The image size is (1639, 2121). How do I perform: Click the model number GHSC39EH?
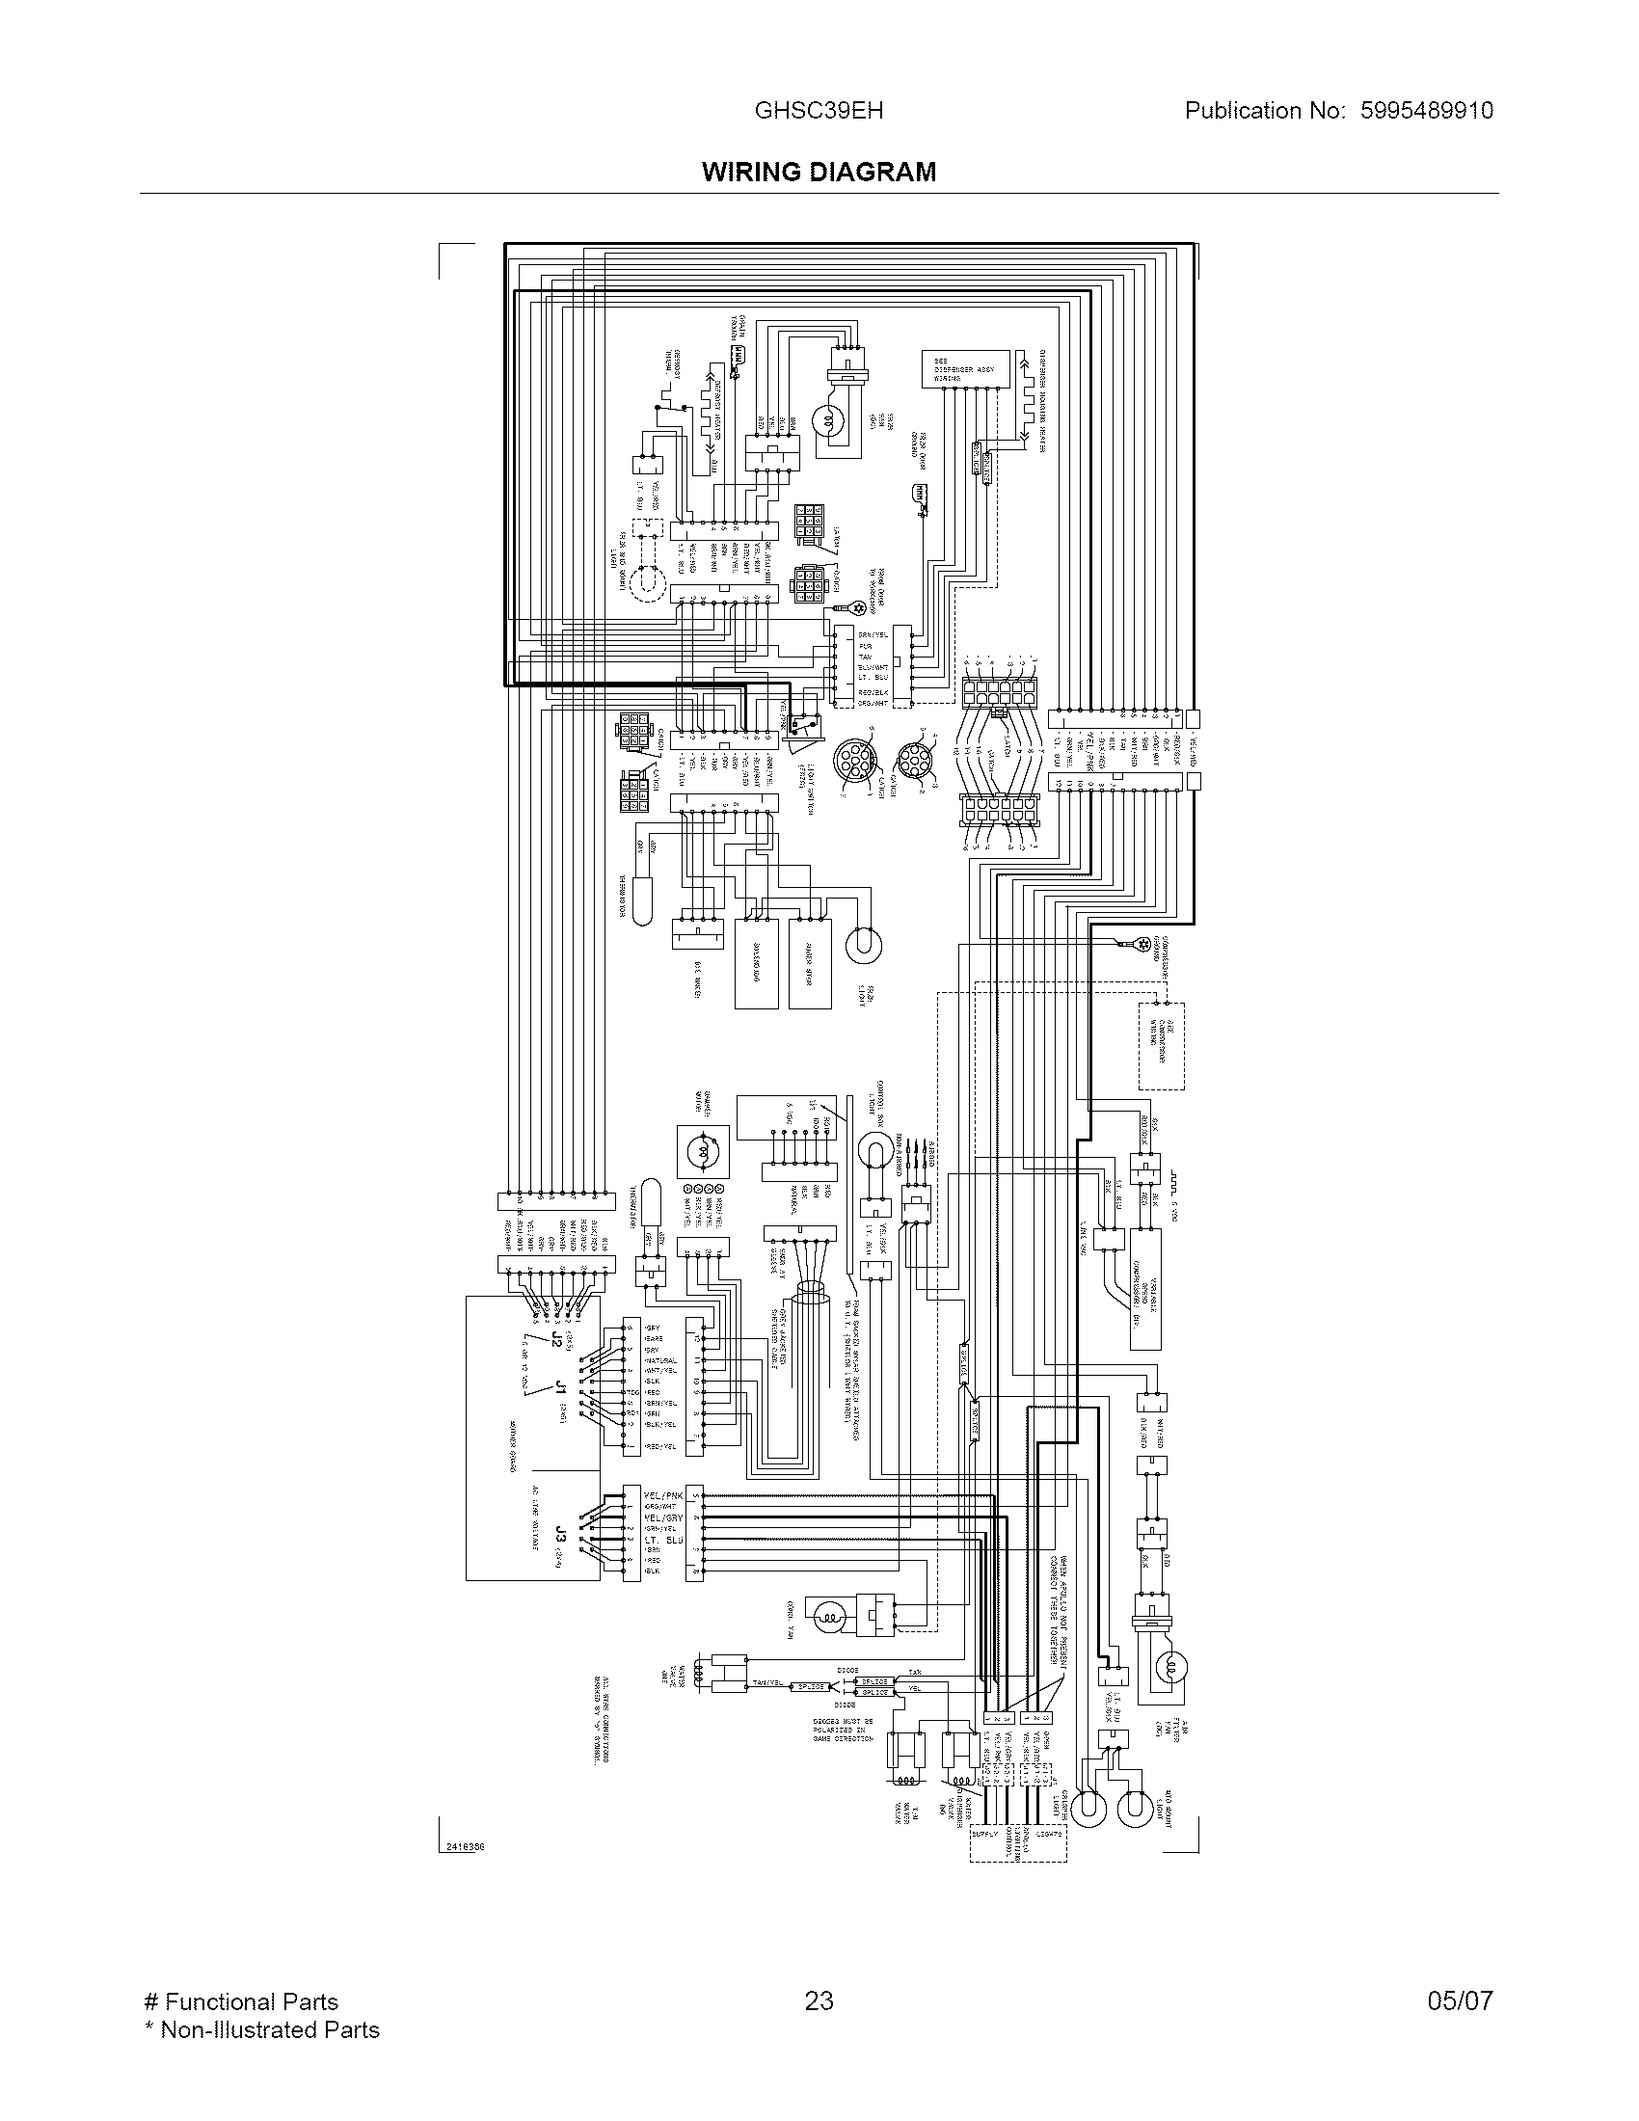coord(819,111)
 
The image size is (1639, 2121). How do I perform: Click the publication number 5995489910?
coord(1426,111)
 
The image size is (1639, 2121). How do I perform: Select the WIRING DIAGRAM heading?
coord(819,172)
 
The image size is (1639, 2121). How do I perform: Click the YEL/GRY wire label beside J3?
coord(663,1517)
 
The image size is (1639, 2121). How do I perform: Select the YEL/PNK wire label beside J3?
coord(663,1495)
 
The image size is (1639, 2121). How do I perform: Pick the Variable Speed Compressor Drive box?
coord(1145,1290)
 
